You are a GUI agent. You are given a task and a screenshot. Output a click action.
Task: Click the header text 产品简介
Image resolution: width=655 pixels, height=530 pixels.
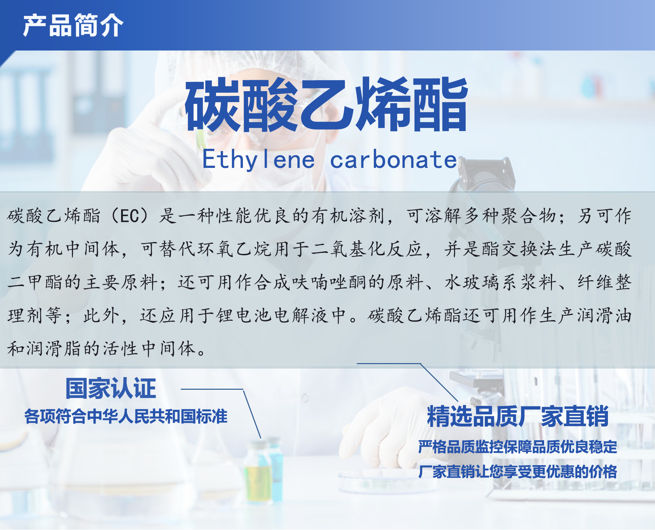pos(73,25)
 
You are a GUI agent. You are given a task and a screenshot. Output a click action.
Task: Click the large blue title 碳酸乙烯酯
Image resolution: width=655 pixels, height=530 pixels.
pos(326,104)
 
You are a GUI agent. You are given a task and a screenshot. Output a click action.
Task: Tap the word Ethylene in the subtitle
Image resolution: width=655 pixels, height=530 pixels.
pos(259,160)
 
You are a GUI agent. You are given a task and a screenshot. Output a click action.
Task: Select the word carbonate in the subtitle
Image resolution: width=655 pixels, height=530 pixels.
pos(393,160)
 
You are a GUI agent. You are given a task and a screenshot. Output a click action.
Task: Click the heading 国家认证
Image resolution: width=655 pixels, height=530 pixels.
pos(111,388)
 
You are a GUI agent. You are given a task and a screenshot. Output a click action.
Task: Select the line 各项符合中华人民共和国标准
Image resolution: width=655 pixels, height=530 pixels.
pos(126,416)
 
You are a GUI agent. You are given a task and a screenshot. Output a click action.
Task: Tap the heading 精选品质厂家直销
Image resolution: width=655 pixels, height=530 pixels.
pos(518,416)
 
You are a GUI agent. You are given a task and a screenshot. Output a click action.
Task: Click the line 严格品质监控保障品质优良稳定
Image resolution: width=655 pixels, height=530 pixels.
pos(518,447)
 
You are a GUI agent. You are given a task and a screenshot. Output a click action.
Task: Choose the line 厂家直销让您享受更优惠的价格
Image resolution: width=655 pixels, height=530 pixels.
pos(518,472)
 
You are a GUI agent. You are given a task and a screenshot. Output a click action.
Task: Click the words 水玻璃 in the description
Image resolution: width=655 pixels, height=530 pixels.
pos(472,282)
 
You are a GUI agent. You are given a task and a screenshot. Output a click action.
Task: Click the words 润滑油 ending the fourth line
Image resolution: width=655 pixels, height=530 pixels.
pos(605,315)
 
